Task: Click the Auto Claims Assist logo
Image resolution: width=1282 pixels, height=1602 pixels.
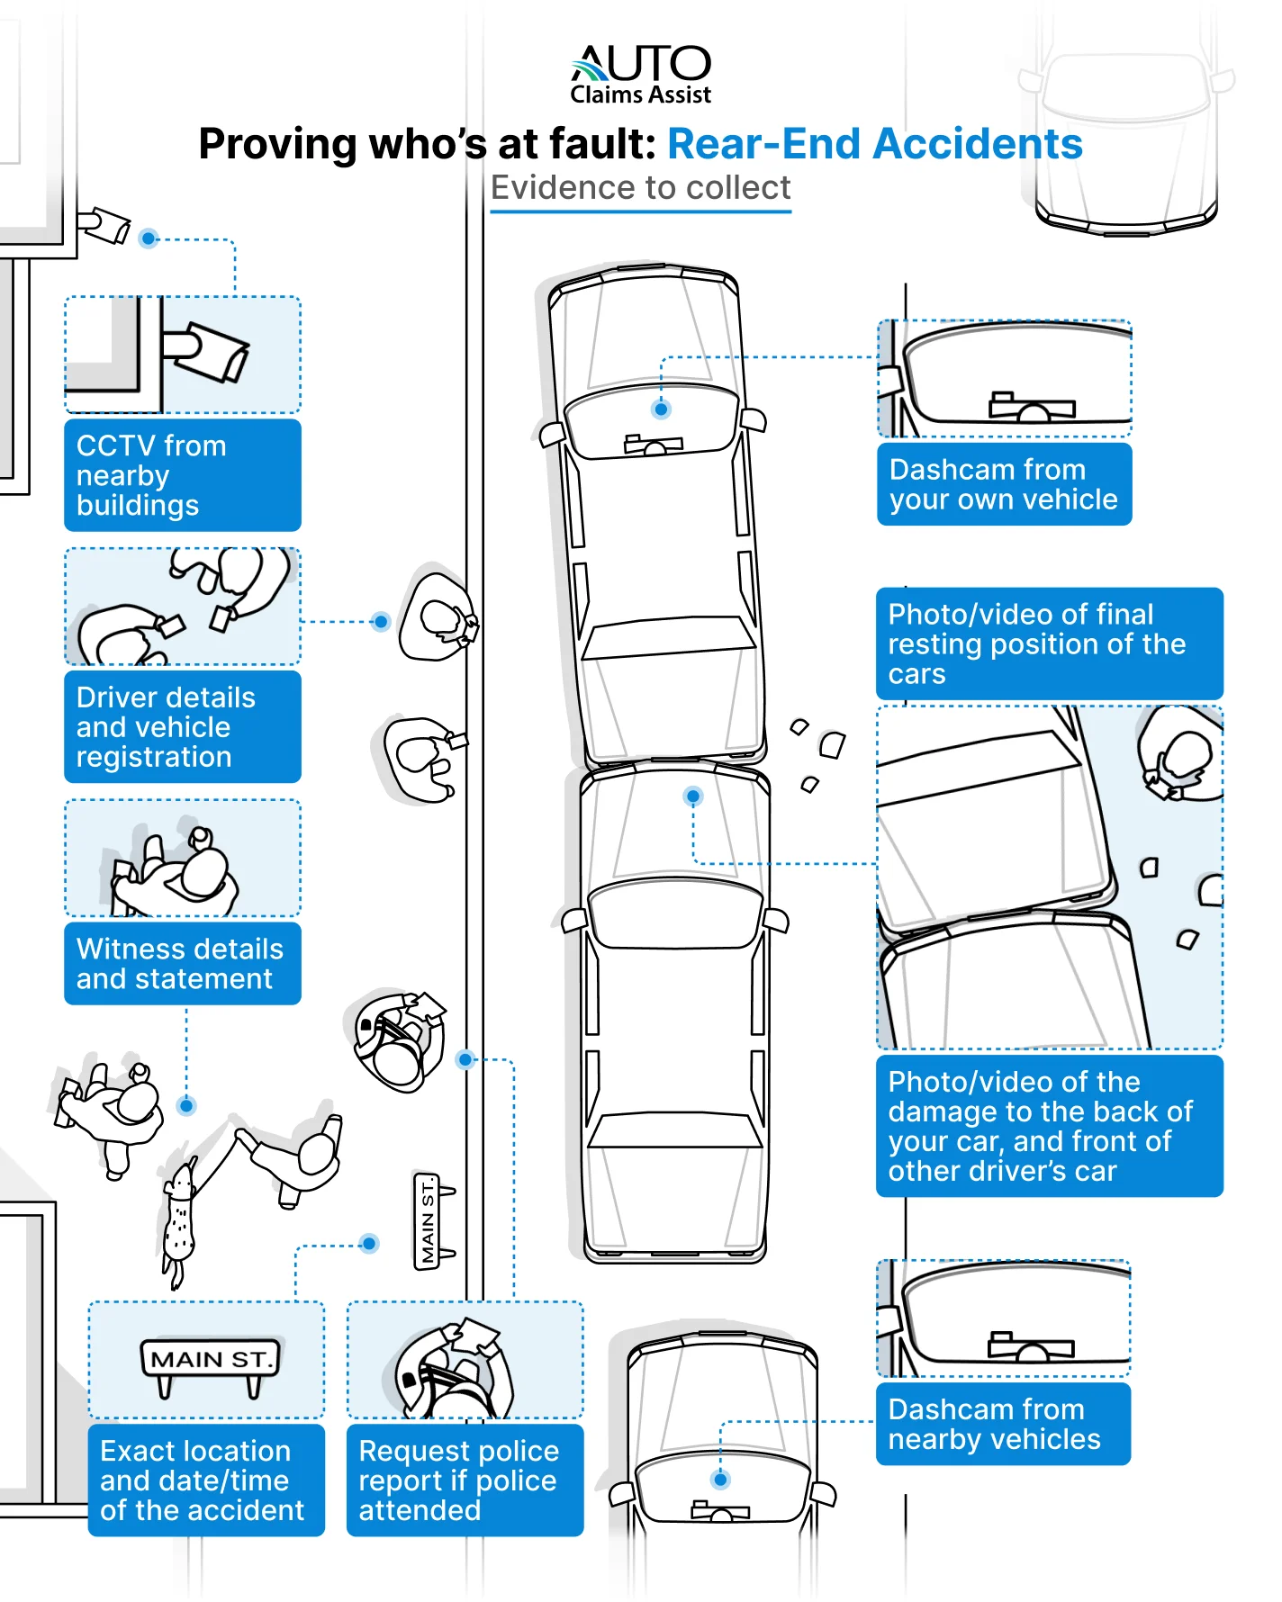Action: click(640, 75)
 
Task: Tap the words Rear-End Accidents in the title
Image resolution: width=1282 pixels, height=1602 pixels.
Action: click(874, 144)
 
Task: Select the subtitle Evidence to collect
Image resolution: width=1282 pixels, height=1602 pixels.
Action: click(640, 188)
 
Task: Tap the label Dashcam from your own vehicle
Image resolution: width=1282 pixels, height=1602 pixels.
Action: click(1004, 484)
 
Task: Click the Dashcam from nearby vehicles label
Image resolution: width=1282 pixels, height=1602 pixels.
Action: click(1003, 1424)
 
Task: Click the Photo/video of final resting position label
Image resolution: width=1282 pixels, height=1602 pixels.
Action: click(1049, 643)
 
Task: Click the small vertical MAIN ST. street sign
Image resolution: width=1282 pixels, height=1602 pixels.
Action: click(429, 1222)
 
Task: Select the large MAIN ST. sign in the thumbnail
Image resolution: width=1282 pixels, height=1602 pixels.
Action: click(210, 1360)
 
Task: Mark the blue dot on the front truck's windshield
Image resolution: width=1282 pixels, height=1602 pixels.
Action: click(661, 409)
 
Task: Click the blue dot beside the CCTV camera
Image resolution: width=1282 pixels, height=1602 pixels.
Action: click(149, 238)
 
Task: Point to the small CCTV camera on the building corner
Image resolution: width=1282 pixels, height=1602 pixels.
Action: click(105, 224)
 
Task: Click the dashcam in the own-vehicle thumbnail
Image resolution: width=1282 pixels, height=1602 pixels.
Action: click(1032, 409)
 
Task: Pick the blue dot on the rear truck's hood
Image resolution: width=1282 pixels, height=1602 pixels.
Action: click(693, 796)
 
